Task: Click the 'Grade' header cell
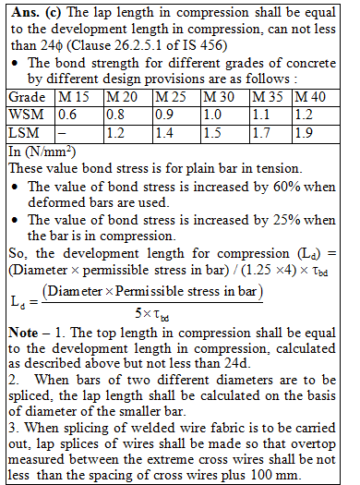tap(25, 96)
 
